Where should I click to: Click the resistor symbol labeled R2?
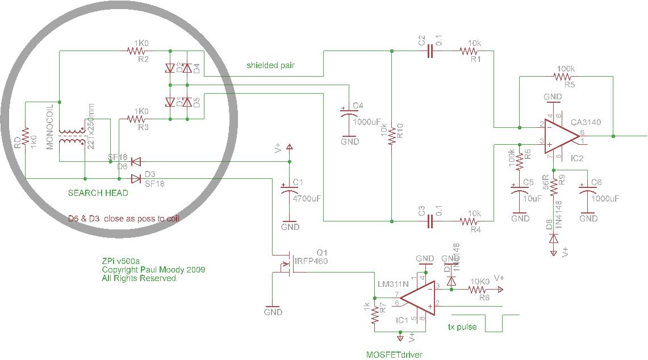(136, 51)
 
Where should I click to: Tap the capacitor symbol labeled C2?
(430, 51)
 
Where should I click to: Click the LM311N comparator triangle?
(417, 299)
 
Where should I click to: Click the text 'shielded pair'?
(270, 65)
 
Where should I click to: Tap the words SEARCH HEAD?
(98, 193)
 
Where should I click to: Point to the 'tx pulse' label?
(462, 327)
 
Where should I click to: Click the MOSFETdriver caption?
(394, 355)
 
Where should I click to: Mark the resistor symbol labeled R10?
(392, 136)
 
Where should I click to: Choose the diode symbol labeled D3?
(136, 179)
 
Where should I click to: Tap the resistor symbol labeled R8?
(480, 290)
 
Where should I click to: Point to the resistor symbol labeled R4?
(469, 221)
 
